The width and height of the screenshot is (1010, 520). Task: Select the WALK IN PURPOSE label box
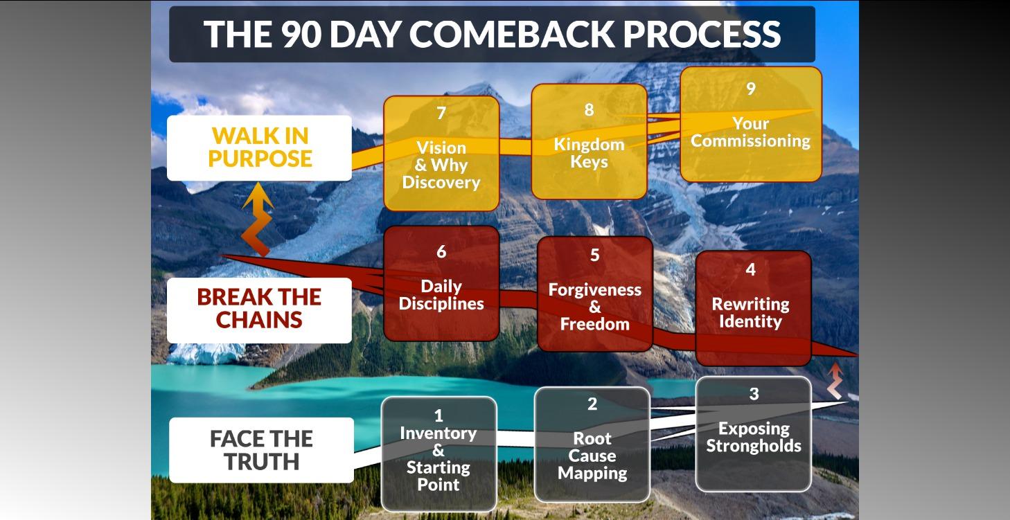(259, 147)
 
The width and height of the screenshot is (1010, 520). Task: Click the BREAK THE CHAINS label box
(259, 309)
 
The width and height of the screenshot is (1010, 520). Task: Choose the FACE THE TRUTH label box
(261, 450)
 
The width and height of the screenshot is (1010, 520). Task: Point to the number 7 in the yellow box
(441, 113)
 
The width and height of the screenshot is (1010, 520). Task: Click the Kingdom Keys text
(589, 153)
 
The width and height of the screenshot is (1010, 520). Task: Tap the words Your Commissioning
(750, 132)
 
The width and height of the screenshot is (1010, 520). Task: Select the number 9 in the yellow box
(750, 89)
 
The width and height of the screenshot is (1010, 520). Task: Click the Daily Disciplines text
(441, 295)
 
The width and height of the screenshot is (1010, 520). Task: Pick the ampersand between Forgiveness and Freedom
(595, 307)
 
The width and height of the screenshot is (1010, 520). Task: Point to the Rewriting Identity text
(750, 312)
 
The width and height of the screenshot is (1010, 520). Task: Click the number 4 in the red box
(750, 269)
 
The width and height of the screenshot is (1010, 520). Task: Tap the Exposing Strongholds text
(754, 437)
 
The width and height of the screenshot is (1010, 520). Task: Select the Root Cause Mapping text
(592, 456)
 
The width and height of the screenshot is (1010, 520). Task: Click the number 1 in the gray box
(438, 415)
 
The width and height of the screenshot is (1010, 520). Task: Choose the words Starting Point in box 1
(438, 476)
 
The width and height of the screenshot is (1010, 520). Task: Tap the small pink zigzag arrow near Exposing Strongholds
(835, 380)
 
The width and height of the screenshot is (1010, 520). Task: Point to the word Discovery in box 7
(441, 183)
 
